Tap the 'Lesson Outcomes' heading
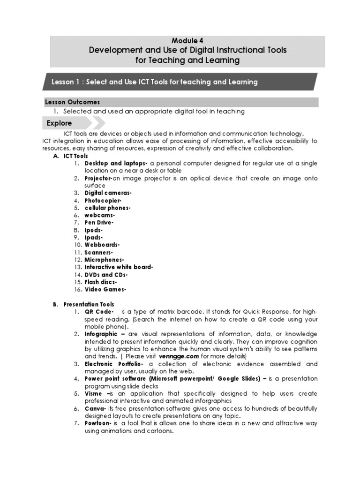pos(72,102)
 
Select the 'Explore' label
pos(59,123)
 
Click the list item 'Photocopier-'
pos(103,200)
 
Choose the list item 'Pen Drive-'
pos(99,222)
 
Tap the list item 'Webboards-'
pos(102,245)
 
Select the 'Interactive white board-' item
pos(119,267)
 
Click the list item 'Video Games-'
pos(105,289)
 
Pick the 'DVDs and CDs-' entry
pos(106,274)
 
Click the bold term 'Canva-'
pos(96,409)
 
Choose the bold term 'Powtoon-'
pos(98,423)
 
